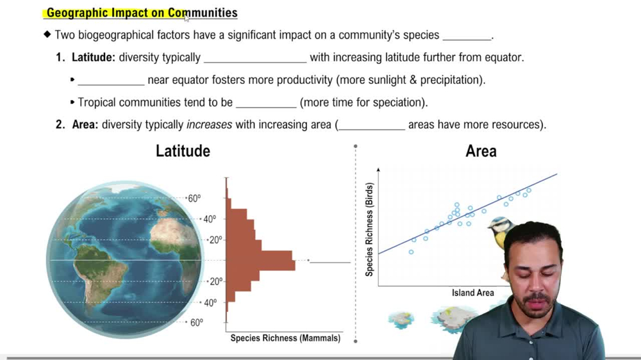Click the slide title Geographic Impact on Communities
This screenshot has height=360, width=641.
tap(142, 13)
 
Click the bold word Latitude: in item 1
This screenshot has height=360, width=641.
tap(94, 58)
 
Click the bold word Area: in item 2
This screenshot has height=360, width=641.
tap(84, 125)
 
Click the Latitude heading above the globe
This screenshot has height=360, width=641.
tap(183, 151)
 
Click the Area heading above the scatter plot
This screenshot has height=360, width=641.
tap(481, 151)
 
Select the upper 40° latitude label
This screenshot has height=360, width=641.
tap(210, 219)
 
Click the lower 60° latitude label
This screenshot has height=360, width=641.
tap(196, 323)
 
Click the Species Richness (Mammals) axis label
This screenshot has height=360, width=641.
tap(285, 338)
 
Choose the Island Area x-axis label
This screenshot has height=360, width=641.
tap(472, 293)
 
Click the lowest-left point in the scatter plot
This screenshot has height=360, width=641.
tap(411, 252)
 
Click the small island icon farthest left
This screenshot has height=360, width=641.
tap(401, 318)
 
